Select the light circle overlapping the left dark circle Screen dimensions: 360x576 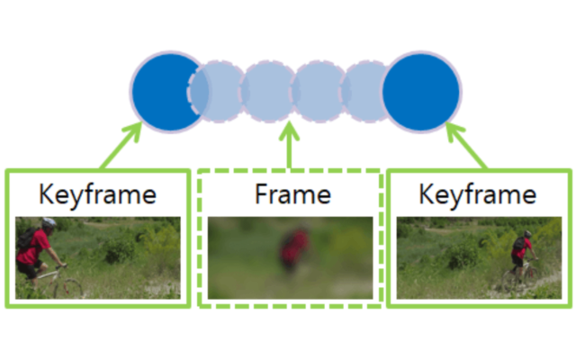(x=217, y=92)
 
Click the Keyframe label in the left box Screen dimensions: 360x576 (x=98, y=193)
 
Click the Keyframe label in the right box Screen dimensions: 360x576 (x=478, y=193)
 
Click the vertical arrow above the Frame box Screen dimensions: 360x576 (x=290, y=148)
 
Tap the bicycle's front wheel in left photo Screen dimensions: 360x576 (x=69, y=289)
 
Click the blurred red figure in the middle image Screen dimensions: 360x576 (x=291, y=250)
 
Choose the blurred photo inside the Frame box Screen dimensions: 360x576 (x=290, y=257)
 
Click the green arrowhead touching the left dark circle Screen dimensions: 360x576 (x=136, y=131)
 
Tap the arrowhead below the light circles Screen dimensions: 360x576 (x=290, y=132)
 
